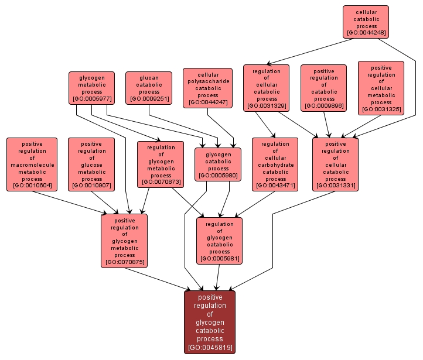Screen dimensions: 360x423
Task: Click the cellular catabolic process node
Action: pos(366,22)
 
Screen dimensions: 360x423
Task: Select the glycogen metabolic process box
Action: pos(91,88)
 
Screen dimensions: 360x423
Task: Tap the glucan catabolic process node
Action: pos(149,88)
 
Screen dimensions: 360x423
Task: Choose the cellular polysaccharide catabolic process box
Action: pos(207,88)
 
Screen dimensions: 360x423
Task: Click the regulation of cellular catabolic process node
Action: pos(267,88)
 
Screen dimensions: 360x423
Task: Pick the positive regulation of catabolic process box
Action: pos(323,88)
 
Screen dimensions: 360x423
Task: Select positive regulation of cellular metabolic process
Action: pos(381,88)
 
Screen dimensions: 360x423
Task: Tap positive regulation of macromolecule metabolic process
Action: pos(32,164)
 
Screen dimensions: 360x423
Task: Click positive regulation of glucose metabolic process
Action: pos(91,164)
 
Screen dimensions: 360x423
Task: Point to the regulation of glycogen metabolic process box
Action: pos(161,164)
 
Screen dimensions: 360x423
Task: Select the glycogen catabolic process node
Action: pos(218,164)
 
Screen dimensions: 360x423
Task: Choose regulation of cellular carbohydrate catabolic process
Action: pos(275,164)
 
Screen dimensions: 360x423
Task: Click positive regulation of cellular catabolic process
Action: pos(335,164)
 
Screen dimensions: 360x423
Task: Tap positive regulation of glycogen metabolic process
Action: pos(124,241)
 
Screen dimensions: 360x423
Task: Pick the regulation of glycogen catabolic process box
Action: pos(219,241)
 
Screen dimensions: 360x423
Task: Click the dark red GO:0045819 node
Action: pos(210,322)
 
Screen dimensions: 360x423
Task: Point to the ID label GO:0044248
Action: pos(366,33)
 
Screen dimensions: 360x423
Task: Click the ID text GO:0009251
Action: pos(149,99)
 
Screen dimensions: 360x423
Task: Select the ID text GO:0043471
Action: pos(275,186)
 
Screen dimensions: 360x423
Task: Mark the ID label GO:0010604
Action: pos(32,186)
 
